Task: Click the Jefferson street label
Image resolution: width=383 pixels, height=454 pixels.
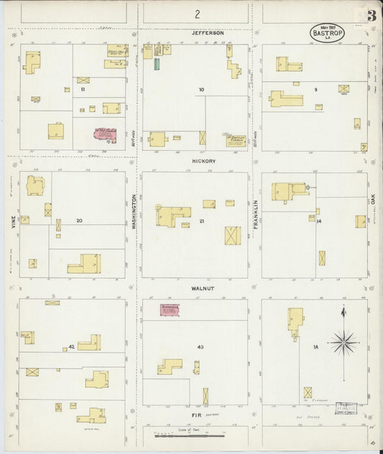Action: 208,33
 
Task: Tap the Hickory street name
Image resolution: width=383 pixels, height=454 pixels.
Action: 203,162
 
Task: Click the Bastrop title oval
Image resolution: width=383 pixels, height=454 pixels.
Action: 327,33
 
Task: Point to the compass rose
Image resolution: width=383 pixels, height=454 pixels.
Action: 343,342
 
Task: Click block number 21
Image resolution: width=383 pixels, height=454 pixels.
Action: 202,221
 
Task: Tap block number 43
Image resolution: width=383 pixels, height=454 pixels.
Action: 200,347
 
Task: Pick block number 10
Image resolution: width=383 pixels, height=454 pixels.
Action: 201,90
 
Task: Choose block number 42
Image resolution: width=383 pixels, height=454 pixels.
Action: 71,347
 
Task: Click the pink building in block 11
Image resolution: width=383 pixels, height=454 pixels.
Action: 105,134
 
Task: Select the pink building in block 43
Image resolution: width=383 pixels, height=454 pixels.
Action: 170,310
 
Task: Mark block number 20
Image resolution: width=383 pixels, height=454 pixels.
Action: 80,221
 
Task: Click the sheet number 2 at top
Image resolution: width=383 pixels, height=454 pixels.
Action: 196,14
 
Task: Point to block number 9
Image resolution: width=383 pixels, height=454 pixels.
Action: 315,90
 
